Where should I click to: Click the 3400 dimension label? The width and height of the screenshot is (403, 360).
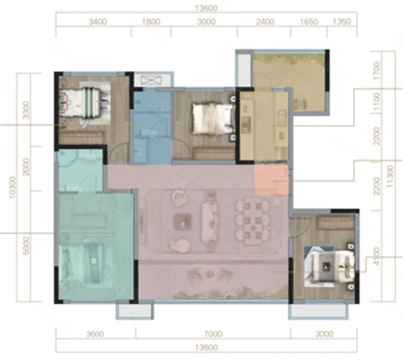(x=98, y=22)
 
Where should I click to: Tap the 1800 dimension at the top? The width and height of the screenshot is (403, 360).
(x=151, y=22)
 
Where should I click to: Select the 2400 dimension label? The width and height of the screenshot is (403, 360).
(x=265, y=22)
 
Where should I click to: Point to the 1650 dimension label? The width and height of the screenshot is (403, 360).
(x=309, y=22)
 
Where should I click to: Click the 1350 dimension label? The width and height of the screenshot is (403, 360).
(x=342, y=22)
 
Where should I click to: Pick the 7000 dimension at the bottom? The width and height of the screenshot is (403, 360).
(x=213, y=334)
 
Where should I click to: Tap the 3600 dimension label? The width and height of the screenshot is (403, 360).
(x=95, y=334)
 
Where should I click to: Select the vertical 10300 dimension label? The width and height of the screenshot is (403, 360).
(x=13, y=187)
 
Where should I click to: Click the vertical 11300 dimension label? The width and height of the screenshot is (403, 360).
(x=390, y=176)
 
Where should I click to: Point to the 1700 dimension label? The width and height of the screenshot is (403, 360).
(x=377, y=71)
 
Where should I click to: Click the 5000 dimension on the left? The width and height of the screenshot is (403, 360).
(x=26, y=245)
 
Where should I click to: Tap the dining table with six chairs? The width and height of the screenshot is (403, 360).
(x=253, y=222)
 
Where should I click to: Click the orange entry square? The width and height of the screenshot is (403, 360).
(x=271, y=180)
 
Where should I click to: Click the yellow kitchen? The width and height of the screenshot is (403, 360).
(x=264, y=126)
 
